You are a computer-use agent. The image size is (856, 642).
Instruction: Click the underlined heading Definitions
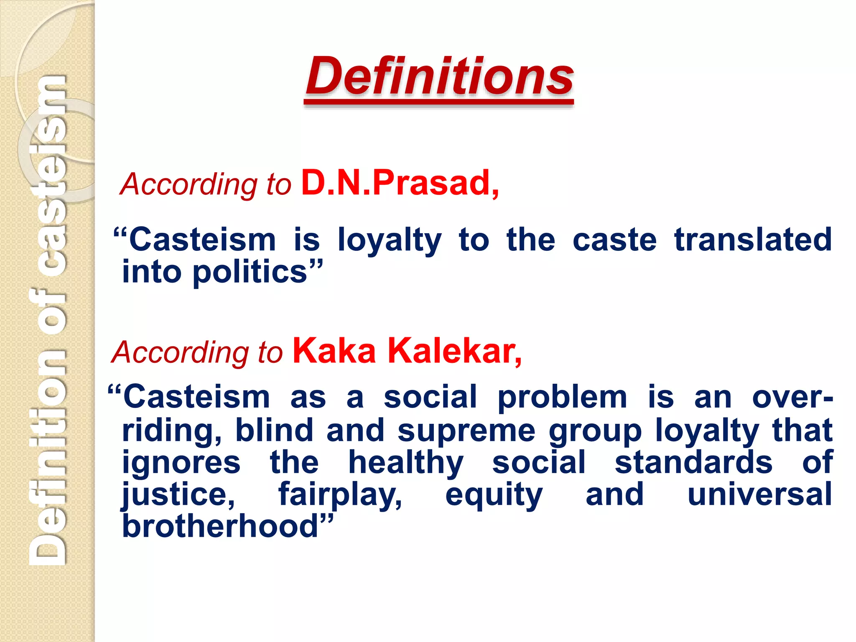(x=439, y=77)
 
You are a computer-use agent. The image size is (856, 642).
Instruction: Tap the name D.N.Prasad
(x=400, y=183)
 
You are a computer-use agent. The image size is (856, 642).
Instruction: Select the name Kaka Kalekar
(x=407, y=351)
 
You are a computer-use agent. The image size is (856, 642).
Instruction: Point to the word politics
(x=250, y=272)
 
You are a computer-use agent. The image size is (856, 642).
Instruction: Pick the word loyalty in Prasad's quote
(x=389, y=240)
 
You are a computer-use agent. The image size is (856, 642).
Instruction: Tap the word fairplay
(x=340, y=494)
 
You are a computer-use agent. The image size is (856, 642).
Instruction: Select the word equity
(x=494, y=495)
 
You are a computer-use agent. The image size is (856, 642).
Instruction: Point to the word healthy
(x=406, y=463)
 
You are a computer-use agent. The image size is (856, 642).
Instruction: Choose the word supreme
(x=466, y=431)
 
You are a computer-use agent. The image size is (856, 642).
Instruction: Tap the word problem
(x=562, y=397)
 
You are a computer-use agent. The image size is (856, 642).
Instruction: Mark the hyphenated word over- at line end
(x=792, y=397)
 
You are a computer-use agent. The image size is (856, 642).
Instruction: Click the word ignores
(x=181, y=463)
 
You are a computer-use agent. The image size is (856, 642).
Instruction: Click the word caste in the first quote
(x=614, y=240)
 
